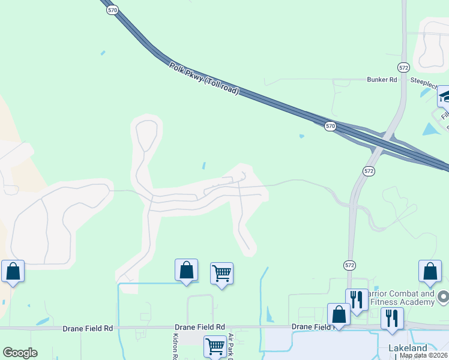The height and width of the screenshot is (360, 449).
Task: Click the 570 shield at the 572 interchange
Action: click(330, 126)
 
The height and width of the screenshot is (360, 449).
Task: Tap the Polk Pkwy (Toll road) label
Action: click(204, 79)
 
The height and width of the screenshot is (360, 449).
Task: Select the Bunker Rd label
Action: click(382, 79)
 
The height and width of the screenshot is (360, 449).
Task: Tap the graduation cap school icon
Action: click(445, 96)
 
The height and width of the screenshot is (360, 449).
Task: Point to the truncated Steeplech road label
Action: click(426, 80)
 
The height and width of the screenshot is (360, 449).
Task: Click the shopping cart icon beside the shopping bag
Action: click(221, 274)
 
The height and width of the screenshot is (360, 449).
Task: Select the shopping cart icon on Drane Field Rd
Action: click(215, 346)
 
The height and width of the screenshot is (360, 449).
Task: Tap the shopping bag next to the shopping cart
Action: click(186, 270)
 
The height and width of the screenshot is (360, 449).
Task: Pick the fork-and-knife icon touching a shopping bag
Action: click(356, 299)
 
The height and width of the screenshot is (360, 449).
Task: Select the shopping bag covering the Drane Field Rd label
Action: click(339, 314)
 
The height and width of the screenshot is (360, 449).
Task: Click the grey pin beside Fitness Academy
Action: click(444, 296)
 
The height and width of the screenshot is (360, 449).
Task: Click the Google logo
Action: click(20, 353)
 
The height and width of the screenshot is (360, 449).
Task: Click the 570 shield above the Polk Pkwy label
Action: click(112, 10)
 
